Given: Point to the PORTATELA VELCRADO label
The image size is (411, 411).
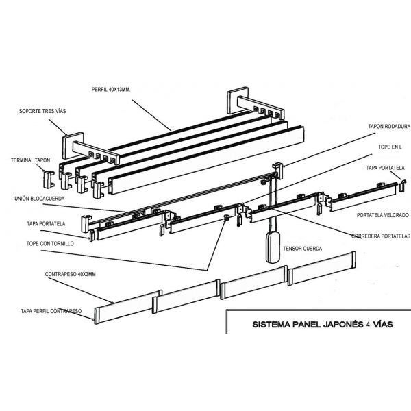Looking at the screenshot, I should [x=379, y=214].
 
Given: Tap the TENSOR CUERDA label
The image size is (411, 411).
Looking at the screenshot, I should [x=302, y=248].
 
